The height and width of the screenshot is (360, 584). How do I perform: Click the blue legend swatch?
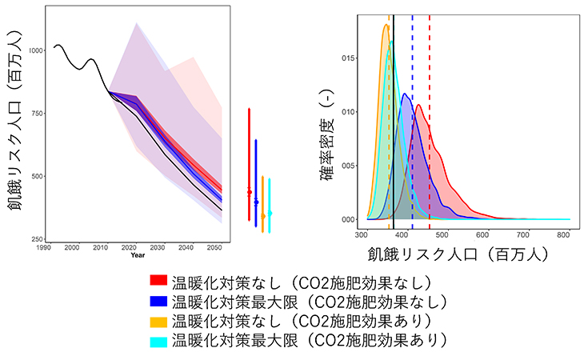click(158, 302)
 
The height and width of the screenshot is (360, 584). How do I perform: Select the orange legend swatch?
click(158, 322)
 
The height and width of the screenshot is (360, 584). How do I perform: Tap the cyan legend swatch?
click(158, 341)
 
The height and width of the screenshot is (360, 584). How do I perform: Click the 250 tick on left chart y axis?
click(39, 239)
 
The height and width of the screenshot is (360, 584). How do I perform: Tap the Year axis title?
click(138, 255)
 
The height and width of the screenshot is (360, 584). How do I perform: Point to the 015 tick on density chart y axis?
click(345, 58)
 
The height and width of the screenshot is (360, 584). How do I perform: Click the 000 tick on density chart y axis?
click(345, 219)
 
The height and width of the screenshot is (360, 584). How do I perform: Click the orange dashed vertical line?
click(390, 120)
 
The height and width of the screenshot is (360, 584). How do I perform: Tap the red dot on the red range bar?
click(250, 192)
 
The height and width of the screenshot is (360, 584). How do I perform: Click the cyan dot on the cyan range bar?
click(270, 213)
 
